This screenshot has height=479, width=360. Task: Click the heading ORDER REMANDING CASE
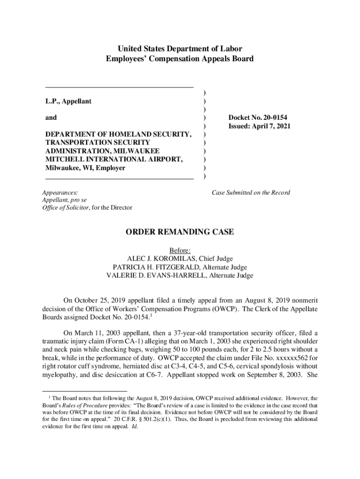[x=180, y=232]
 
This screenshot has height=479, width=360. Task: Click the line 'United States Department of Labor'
[x=180, y=49]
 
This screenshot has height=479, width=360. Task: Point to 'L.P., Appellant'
[x=68, y=101]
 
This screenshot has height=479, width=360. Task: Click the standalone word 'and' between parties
[x=51, y=118]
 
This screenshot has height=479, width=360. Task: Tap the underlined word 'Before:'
[x=180, y=250]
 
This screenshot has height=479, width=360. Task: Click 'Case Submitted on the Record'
[x=251, y=193]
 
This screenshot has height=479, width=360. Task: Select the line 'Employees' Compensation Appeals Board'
[x=180, y=59]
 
